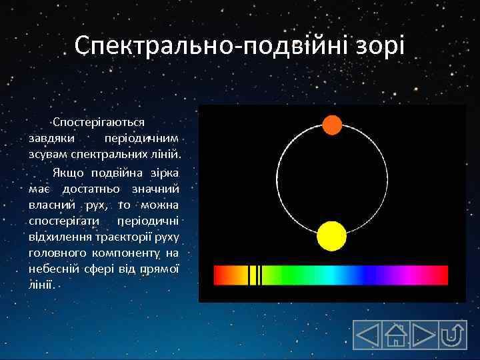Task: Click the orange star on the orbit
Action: (332, 125)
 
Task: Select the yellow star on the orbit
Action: (331, 236)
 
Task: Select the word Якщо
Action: (67, 173)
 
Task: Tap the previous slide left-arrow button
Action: (367, 335)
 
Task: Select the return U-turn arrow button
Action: (453, 335)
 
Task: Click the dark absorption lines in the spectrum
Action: (255, 275)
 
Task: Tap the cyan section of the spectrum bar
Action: (327, 275)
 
